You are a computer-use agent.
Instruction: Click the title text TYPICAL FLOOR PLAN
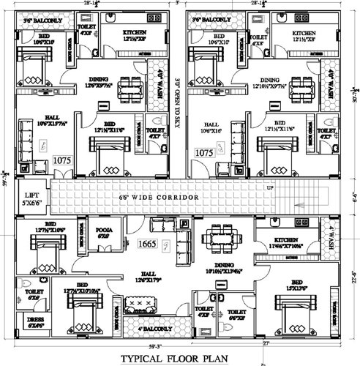tap(179, 358)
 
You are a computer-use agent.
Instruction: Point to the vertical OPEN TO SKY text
tap(178, 102)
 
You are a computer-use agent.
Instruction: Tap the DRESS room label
tap(36, 323)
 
